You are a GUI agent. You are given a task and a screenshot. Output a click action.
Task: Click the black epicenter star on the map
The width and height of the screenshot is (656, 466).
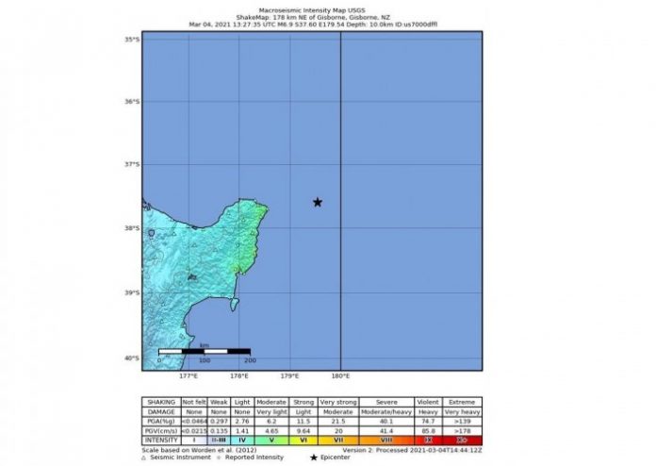[318, 202]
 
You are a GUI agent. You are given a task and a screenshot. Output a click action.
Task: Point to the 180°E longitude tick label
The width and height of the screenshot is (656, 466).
[340, 375]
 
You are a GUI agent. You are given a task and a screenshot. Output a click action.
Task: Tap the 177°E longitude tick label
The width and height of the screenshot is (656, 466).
[189, 375]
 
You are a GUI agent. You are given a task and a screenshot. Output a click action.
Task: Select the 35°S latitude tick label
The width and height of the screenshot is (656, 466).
[134, 40]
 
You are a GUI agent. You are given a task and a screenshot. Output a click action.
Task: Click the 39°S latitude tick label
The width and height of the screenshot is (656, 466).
[134, 293]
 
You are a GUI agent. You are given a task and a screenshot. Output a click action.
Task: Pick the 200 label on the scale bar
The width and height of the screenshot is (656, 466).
[250, 361]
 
